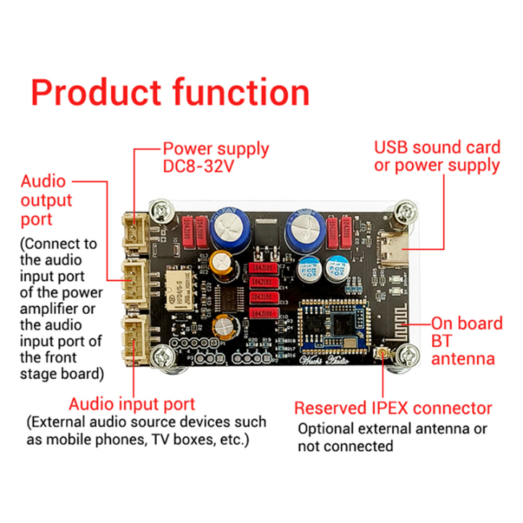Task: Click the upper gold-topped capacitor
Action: [221, 261]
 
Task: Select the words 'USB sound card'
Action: [437, 147]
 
